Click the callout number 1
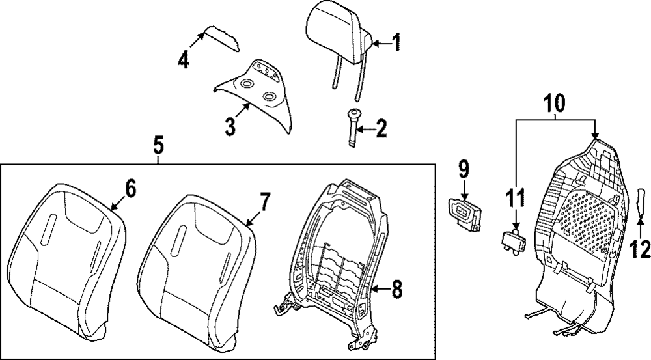pyautogui.click(x=396, y=44)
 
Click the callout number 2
pyautogui.click(x=379, y=128)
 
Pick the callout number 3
pyautogui.click(x=229, y=126)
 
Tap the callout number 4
pyautogui.click(x=184, y=60)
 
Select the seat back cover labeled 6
pyautogui.click(x=66, y=260)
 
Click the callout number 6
pyautogui.click(x=130, y=189)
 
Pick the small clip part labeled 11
pyautogui.click(x=514, y=240)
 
